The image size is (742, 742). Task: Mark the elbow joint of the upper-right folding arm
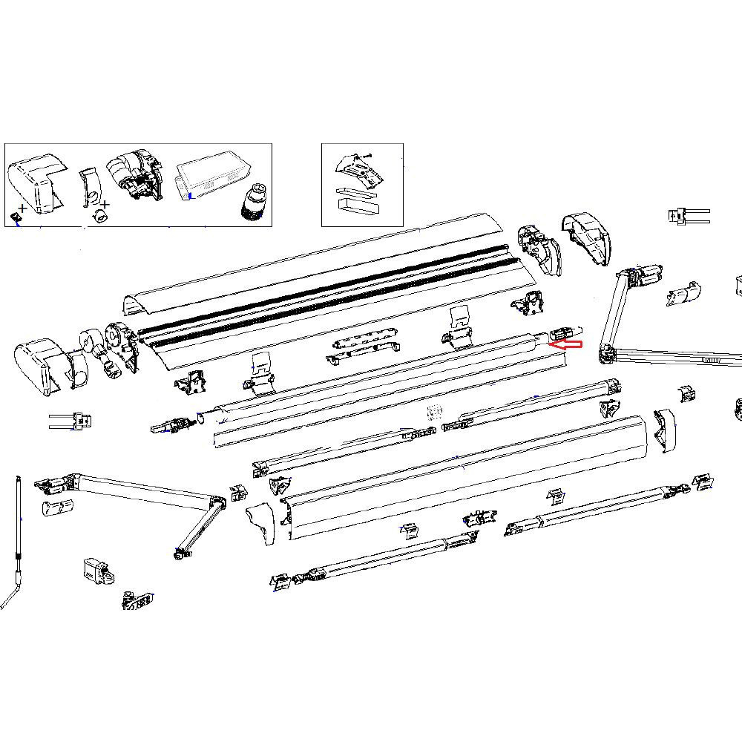(607, 352)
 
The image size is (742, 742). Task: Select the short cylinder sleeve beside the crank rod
(57, 507)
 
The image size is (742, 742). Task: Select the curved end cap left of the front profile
(262, 522)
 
